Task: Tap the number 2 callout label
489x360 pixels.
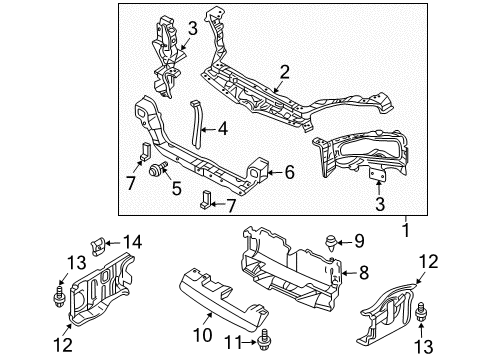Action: tap(285, 71)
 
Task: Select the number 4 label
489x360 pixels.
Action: tap(222, 127)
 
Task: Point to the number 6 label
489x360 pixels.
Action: tap(289, 172)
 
